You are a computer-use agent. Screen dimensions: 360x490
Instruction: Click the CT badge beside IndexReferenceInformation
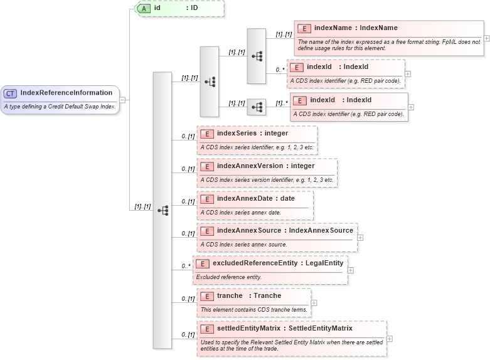tap(11, 93)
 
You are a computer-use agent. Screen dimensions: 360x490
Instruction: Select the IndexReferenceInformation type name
tap(66, 93)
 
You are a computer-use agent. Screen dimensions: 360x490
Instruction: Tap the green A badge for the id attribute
tap(144, 8)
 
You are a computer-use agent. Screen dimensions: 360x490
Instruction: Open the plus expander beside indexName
tap(487, 38)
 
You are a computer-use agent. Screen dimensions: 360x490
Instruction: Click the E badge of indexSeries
tap(206, 134)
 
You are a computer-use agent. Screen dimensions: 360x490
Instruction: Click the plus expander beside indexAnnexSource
tap(361, 238)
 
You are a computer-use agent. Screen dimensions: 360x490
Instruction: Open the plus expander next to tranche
tap(314, 303)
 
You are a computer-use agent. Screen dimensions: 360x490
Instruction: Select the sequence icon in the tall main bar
tap(162, 210)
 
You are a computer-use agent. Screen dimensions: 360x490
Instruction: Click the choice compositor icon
tap(210, 82)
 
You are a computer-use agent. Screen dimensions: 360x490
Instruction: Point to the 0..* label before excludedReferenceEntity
tap(186, 266)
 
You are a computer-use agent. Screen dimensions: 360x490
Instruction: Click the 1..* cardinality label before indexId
tap(281, 102)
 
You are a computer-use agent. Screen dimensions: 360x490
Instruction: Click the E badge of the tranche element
tap(206, 296)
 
